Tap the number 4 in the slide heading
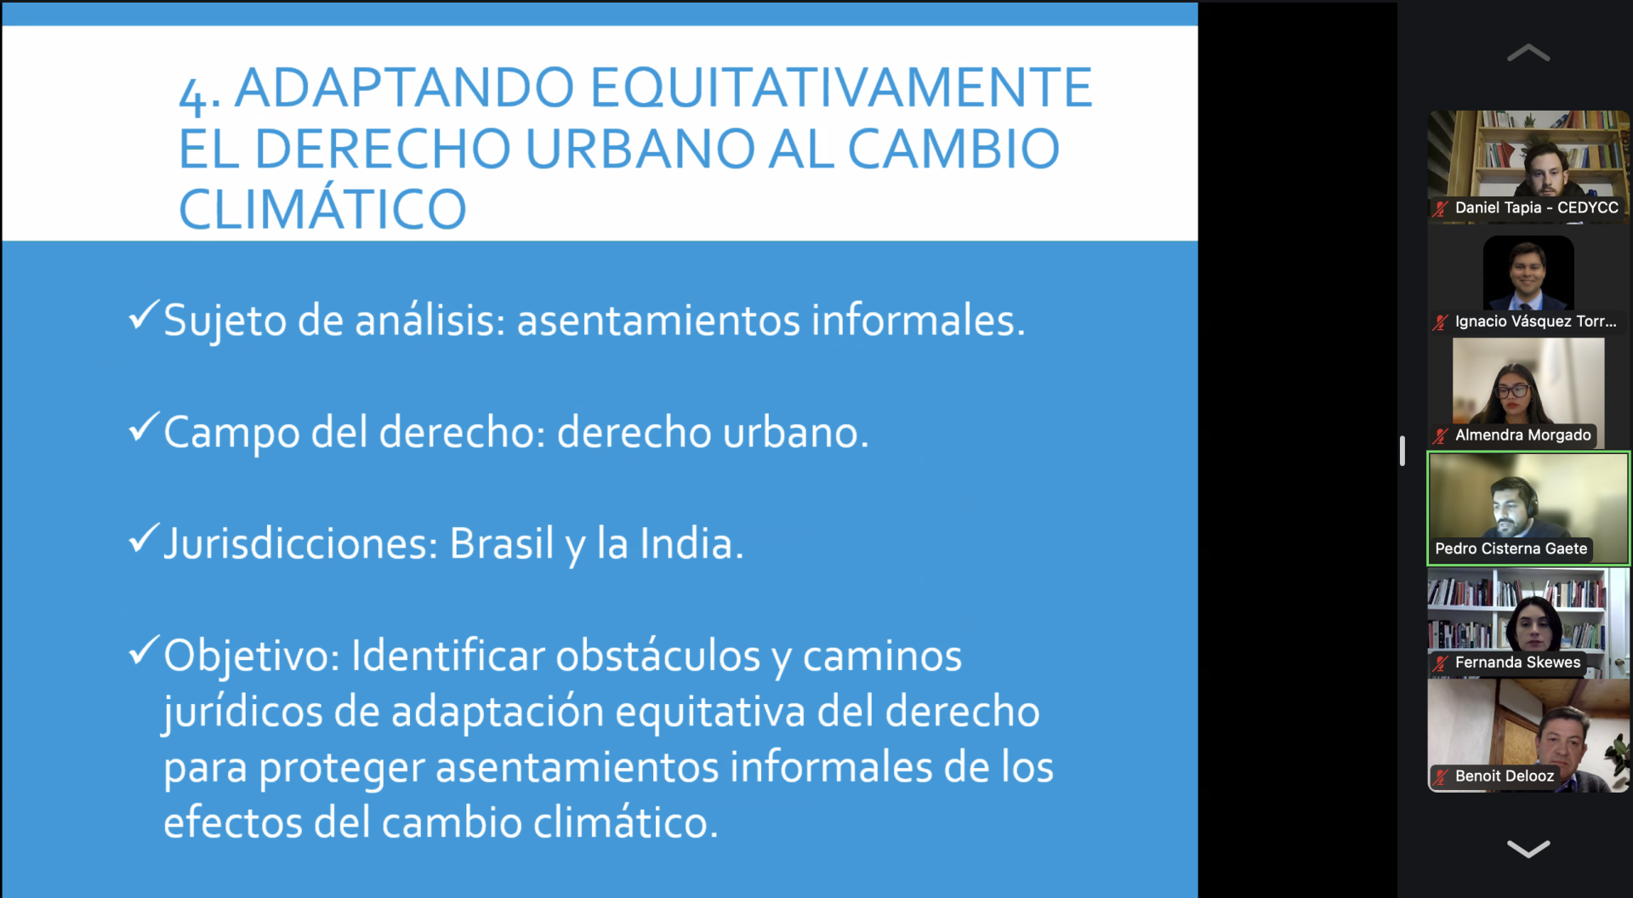[x=193, y=96]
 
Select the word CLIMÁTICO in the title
[x=322, y=209]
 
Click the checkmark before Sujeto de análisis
[x=144, y=315]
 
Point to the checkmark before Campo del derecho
[x=144, y=427]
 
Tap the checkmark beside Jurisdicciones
[x=144, y=538]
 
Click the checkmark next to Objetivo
[x=144, y=651]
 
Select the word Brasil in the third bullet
[x=501, y=543]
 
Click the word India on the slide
[x=691, y=543]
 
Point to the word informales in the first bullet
[x=918, y=321]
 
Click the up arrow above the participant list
[x=1528, y=53]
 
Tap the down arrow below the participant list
[x=1528, y=849]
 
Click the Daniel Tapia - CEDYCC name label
[x=1536, y=207]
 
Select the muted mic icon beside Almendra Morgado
[x=1440, y=436]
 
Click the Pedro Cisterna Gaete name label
[x=1511, y=548]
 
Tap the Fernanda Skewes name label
[x=1517, y=662]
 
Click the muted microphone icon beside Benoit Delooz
[x=1440, y=776]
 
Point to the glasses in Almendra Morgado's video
[x=1513, y=391]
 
